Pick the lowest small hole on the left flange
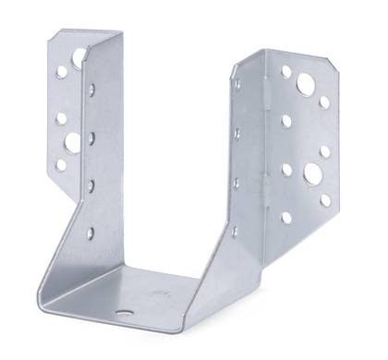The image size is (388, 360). pos(61,165)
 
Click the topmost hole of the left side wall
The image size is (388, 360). pos(91,90)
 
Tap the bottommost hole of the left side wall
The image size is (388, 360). pos(90,233)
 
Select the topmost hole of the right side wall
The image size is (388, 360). pos(237,85)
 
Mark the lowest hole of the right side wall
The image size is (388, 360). pos(234,230)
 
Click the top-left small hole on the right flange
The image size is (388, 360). pos(286,70)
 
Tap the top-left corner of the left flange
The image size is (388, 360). pos(50,32)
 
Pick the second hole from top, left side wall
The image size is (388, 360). pos(91,138)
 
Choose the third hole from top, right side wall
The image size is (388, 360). pos(236,182)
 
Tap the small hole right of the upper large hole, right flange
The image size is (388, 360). pos(325,101)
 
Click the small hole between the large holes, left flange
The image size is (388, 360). pos(61,118)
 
